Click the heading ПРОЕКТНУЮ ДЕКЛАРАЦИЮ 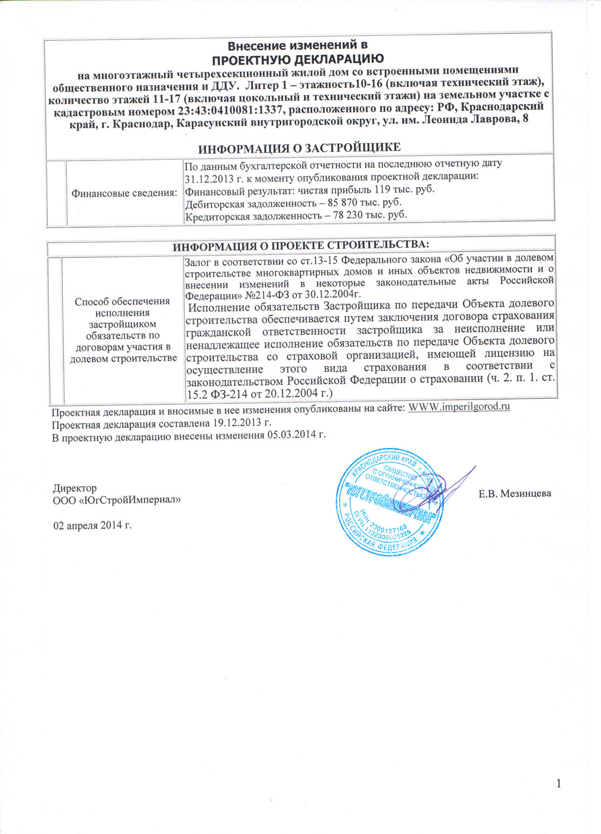click(298, 58)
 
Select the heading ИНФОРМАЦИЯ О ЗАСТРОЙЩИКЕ click(299, 148)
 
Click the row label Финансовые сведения click(124, 193)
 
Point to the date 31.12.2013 click(206, 178)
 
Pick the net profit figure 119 click(382, 189)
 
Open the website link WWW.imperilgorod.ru click(459, 406)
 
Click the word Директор click(75, 488)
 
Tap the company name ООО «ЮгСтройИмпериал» click(117, 500)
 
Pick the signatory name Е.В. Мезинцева click(515, 493)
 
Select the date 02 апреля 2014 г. click(92, 525)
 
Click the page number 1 click(559, 784)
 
